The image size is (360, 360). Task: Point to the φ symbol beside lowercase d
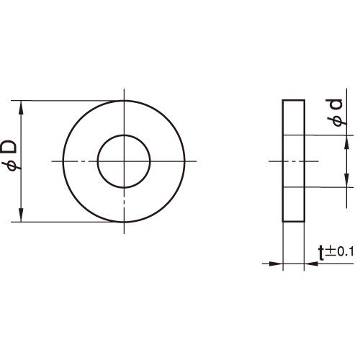337,121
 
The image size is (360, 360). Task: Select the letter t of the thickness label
321,253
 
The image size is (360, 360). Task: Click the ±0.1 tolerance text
339,252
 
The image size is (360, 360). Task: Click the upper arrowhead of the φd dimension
346,142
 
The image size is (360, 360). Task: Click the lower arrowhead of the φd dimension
346,180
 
